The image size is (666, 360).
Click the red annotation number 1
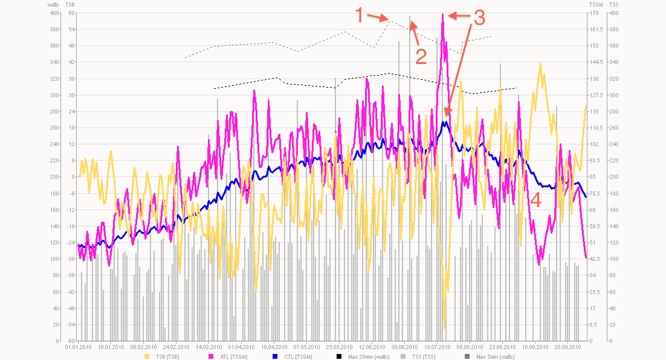359,14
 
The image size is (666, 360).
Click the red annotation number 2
420,56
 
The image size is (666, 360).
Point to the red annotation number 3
478,18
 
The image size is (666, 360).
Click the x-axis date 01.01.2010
77,347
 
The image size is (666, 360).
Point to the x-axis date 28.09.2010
568,347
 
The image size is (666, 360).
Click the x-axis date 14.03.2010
208,347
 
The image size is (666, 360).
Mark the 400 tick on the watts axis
55,13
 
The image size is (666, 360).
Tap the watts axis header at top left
53,4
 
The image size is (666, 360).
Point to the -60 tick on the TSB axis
71,341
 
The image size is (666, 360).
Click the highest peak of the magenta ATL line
443,14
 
